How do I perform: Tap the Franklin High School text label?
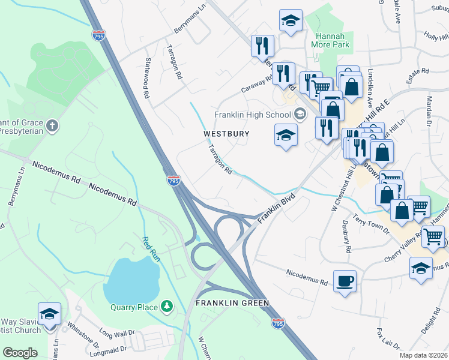252,115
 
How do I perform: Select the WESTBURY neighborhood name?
226,133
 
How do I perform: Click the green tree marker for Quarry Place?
168,307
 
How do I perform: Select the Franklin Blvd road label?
277,209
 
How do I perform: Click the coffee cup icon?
345,281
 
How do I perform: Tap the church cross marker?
53,126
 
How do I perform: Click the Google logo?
20,353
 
